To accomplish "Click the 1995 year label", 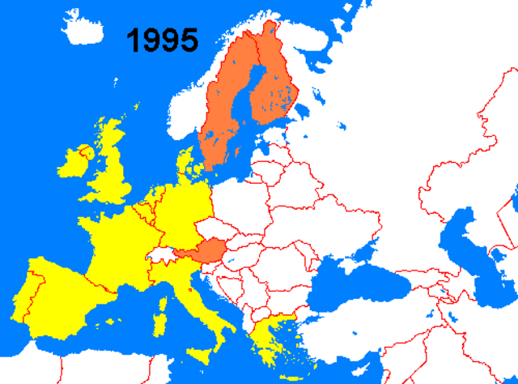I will point(162,39).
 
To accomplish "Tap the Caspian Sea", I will point(469,251).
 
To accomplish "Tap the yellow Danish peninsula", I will point(186,162).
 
